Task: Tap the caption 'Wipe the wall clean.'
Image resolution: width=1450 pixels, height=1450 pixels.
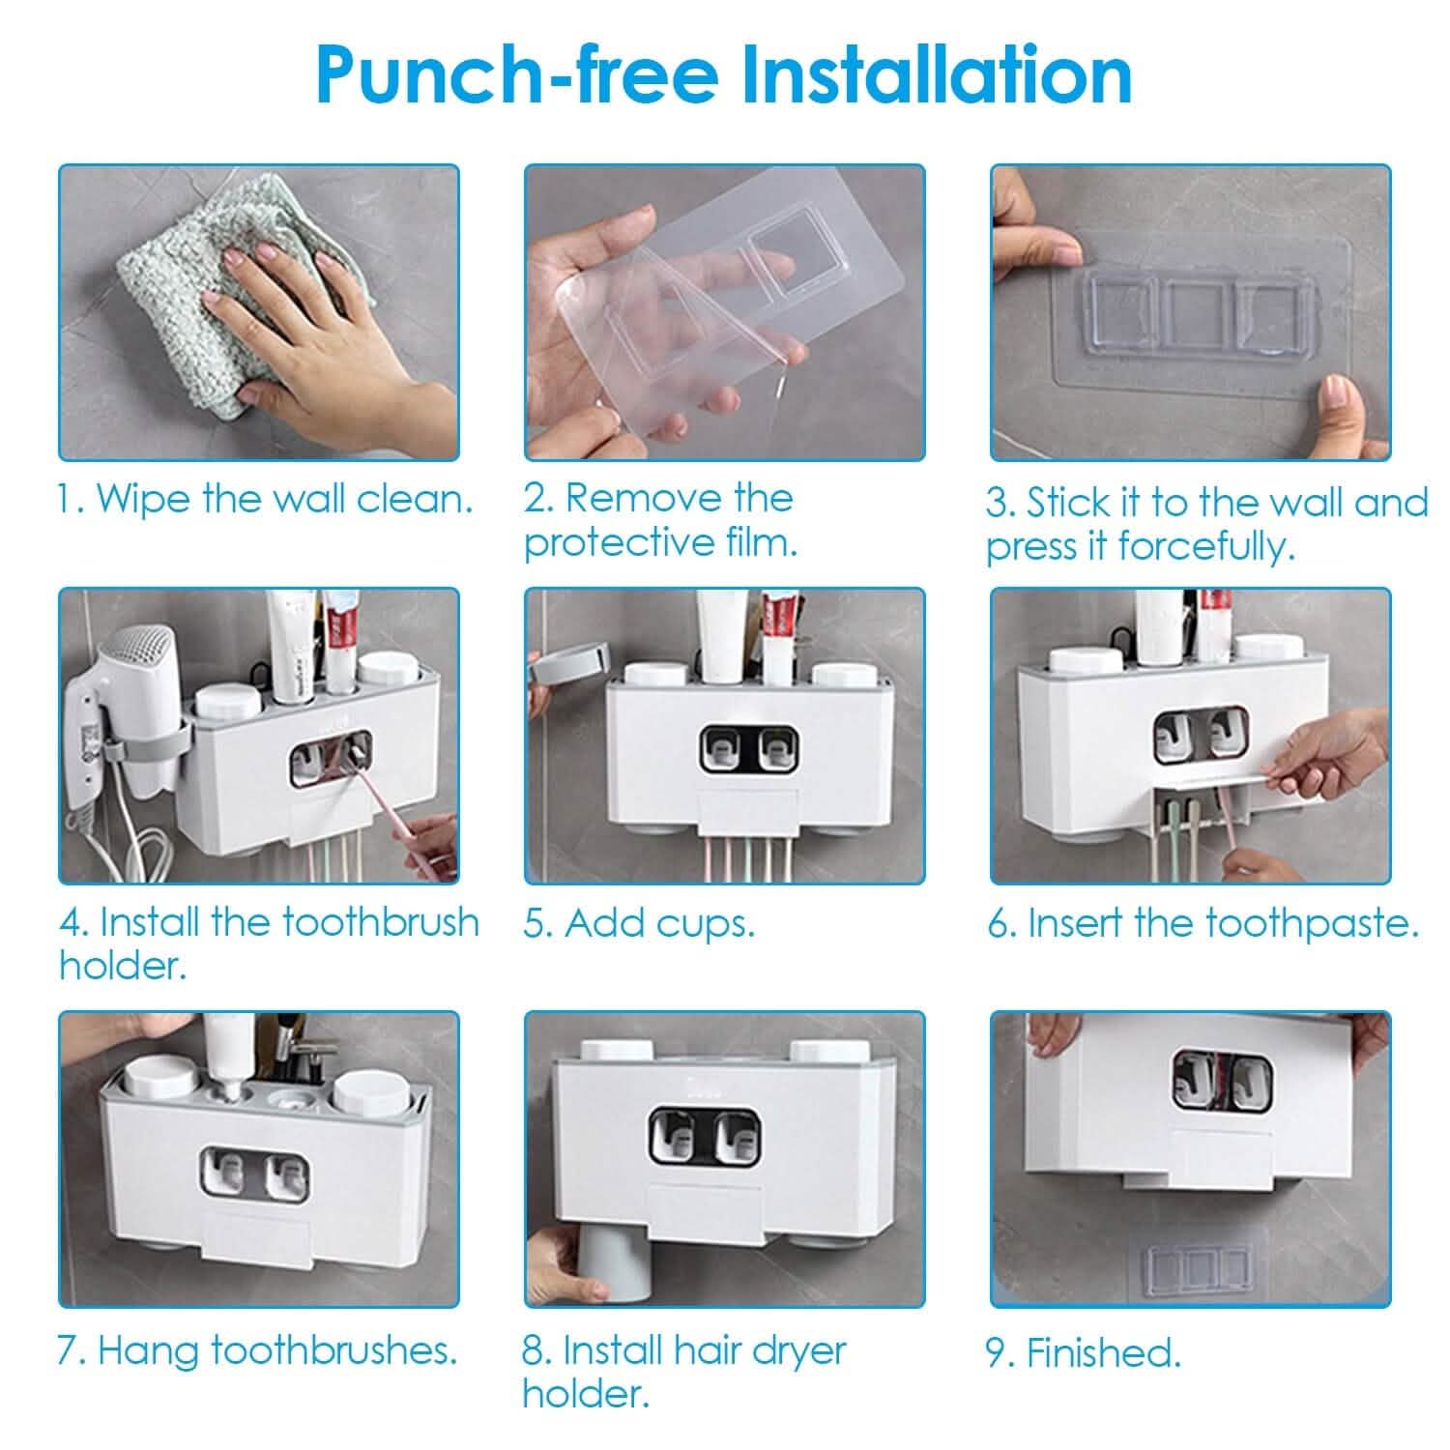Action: coord(265,499)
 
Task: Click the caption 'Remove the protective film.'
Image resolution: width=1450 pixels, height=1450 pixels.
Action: coord(659,520)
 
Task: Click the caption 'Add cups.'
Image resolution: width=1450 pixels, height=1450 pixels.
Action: coord(639,923)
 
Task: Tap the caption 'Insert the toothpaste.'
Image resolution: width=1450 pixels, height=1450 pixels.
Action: coord(1203,923)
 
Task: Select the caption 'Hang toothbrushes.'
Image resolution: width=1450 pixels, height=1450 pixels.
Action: coord(257,1350)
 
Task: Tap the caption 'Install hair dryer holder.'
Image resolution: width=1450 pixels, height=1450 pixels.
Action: coord(684,1372)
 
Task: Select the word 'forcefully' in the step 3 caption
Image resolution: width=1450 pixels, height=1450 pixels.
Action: coord(1204,547)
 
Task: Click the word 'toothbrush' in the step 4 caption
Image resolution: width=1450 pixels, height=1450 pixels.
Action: coord(381,922)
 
